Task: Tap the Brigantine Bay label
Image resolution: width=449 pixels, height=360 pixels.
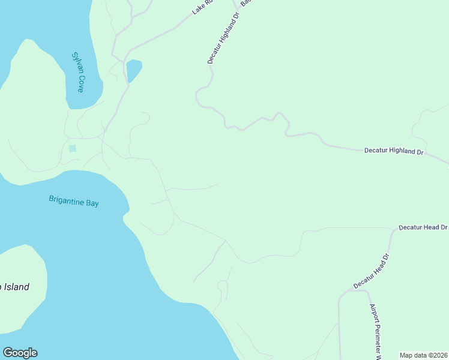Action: pos(74,202)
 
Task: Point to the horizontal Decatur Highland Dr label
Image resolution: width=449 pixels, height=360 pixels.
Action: pos(394,151)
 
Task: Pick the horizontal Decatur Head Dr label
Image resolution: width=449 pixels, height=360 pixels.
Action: pos(423,228)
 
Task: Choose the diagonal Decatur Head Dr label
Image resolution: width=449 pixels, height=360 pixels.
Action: pos(372,271)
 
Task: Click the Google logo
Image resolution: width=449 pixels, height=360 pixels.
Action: pos(20,353)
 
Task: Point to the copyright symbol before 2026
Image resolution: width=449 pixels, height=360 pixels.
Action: pos(430,355)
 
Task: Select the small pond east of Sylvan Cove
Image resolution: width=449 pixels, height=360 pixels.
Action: pos(133,70)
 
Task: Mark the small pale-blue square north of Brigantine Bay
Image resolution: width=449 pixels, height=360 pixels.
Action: pos(73,148)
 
